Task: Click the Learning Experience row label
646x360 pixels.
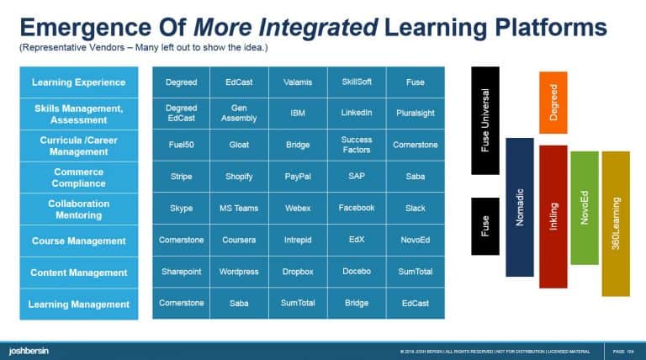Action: click(78, 82)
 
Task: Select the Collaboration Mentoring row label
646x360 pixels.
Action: click(78, 209)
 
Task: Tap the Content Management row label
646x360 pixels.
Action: click(78, 273)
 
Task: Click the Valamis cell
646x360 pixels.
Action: click(298, 82)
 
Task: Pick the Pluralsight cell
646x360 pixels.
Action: click(415, 114)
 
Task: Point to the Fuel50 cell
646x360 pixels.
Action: click(181, 145)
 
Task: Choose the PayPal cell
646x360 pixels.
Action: click(298, 177)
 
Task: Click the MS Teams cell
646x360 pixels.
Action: click(239, 209)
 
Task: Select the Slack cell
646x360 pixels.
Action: click(415, 209)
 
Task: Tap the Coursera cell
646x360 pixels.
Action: click(239, 241)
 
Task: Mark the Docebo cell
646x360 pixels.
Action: click(356, 273)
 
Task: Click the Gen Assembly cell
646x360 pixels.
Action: click(239, 114)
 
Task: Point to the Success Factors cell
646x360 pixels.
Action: click(356, 145)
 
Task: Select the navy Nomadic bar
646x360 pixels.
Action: click(519, 207)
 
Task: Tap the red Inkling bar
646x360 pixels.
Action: click(553, 217)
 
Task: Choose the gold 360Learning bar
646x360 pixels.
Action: click(616, 223)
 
